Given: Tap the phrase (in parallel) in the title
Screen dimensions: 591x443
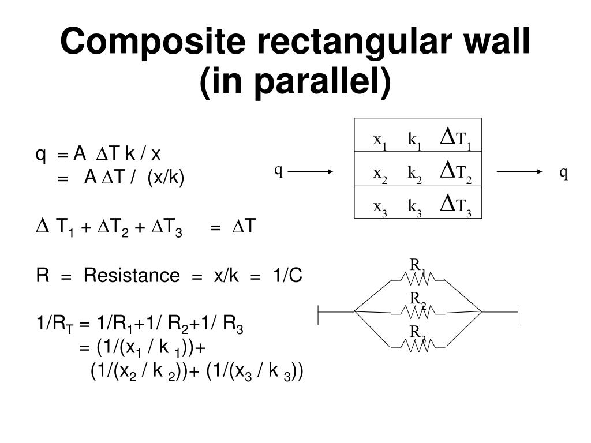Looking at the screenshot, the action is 295,81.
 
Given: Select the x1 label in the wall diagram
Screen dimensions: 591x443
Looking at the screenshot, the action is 380,141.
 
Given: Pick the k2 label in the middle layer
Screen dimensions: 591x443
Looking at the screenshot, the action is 414,174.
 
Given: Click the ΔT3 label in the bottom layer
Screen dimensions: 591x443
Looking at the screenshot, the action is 456,205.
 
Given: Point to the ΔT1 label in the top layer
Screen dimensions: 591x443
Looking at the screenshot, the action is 456,138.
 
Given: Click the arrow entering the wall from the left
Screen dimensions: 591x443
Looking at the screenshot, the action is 311,172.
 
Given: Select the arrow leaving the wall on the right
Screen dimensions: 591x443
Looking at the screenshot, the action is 519,172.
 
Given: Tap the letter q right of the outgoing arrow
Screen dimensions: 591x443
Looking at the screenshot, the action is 563,173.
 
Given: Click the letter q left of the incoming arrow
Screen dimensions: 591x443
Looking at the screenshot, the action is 279,171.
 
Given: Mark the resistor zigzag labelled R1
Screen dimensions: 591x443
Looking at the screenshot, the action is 418,279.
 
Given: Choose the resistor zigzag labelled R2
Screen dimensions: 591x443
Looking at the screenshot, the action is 418,312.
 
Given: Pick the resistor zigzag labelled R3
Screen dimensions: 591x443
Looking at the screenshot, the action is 418,346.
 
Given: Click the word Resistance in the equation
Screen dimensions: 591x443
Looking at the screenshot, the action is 132,275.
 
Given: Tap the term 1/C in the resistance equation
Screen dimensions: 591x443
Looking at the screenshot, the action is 287,275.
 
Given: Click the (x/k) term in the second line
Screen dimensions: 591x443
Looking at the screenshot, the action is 166,177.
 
